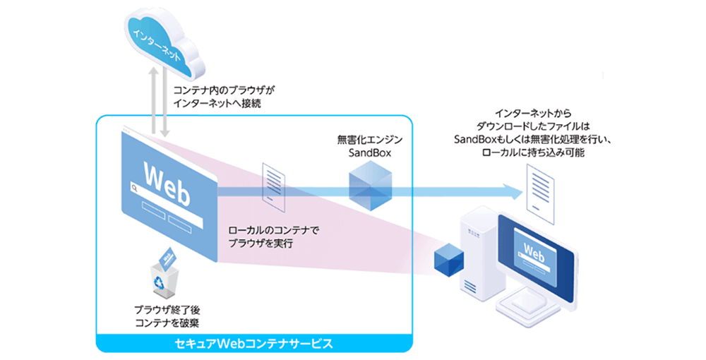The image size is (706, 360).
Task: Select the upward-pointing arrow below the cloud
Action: click(152, 99)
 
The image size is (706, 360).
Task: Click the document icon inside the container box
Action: click(273, 184)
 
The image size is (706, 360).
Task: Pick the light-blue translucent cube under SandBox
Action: click(369, 184)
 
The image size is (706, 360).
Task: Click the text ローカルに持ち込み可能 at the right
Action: click(533, 153)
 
